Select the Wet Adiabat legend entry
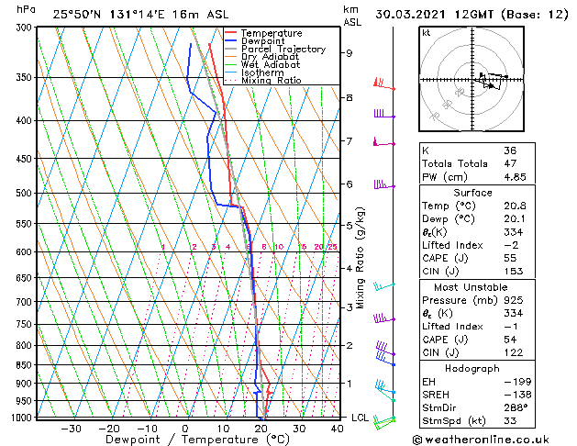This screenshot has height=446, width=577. (267, 64)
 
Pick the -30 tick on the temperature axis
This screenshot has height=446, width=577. (71, 429)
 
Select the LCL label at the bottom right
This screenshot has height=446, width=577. (361, 418)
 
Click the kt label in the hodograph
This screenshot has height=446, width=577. (426, 33)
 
